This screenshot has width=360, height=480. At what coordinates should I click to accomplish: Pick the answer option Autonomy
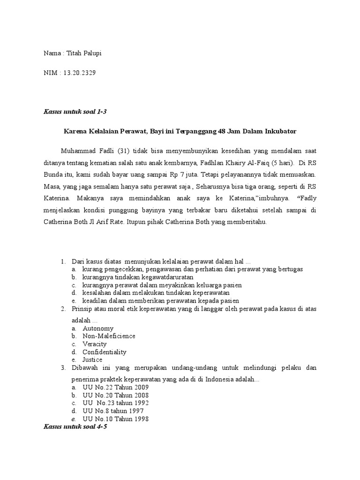click(98, 328)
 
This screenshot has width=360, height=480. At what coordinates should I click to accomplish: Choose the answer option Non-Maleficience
click(109, 336)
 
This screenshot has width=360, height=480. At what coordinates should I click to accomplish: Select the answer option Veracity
click(95, 344)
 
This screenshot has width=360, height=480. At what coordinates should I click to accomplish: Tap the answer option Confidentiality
click(105, 352)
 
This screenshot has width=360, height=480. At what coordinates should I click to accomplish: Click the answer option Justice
click(92, 360)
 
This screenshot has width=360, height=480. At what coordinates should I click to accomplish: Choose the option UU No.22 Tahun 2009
click(115, 388)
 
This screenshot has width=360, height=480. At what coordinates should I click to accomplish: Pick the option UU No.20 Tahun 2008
click(115, 395)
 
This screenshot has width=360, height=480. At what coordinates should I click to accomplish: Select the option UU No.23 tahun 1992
click(116, 403)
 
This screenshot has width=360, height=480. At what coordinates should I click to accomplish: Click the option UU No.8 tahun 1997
click(113, 411)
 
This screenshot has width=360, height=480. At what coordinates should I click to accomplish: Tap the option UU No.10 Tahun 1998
click(115, 419)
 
